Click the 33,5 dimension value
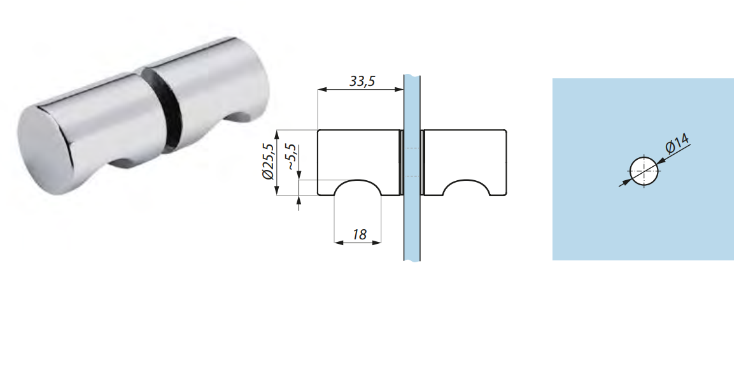pyautogui.click(x=361, y=81)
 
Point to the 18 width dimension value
pyautogui.click(x=359, y=234)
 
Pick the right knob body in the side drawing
pyautogui.click(x=465, y=153)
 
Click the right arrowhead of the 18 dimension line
pyautogui.click(x=377, y=243)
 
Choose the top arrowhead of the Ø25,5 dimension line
pyautogui.click(x=276, y=134)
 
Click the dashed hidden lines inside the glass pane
pyautogui.click(x=412, y=162)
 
